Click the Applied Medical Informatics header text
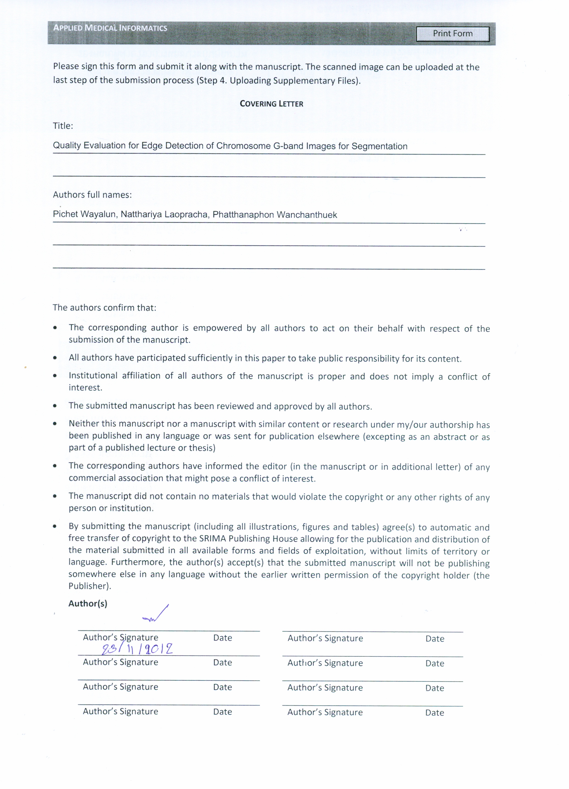pyautogui.click(x=110, y=28)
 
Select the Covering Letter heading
pyautogui.click(x=271, y=104)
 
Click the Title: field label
pyautogui.click(x=63, y=126)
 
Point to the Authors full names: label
pyautogui.click(x=92, y=195)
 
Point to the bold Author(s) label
pyautogui.click(x=88, y=604)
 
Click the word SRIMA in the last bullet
pyautogui.click(x=212, y=539)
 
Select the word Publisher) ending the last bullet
pyautogui.click(x=89, y=586)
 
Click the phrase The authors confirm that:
pyautogui.click(x=104, y=308)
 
